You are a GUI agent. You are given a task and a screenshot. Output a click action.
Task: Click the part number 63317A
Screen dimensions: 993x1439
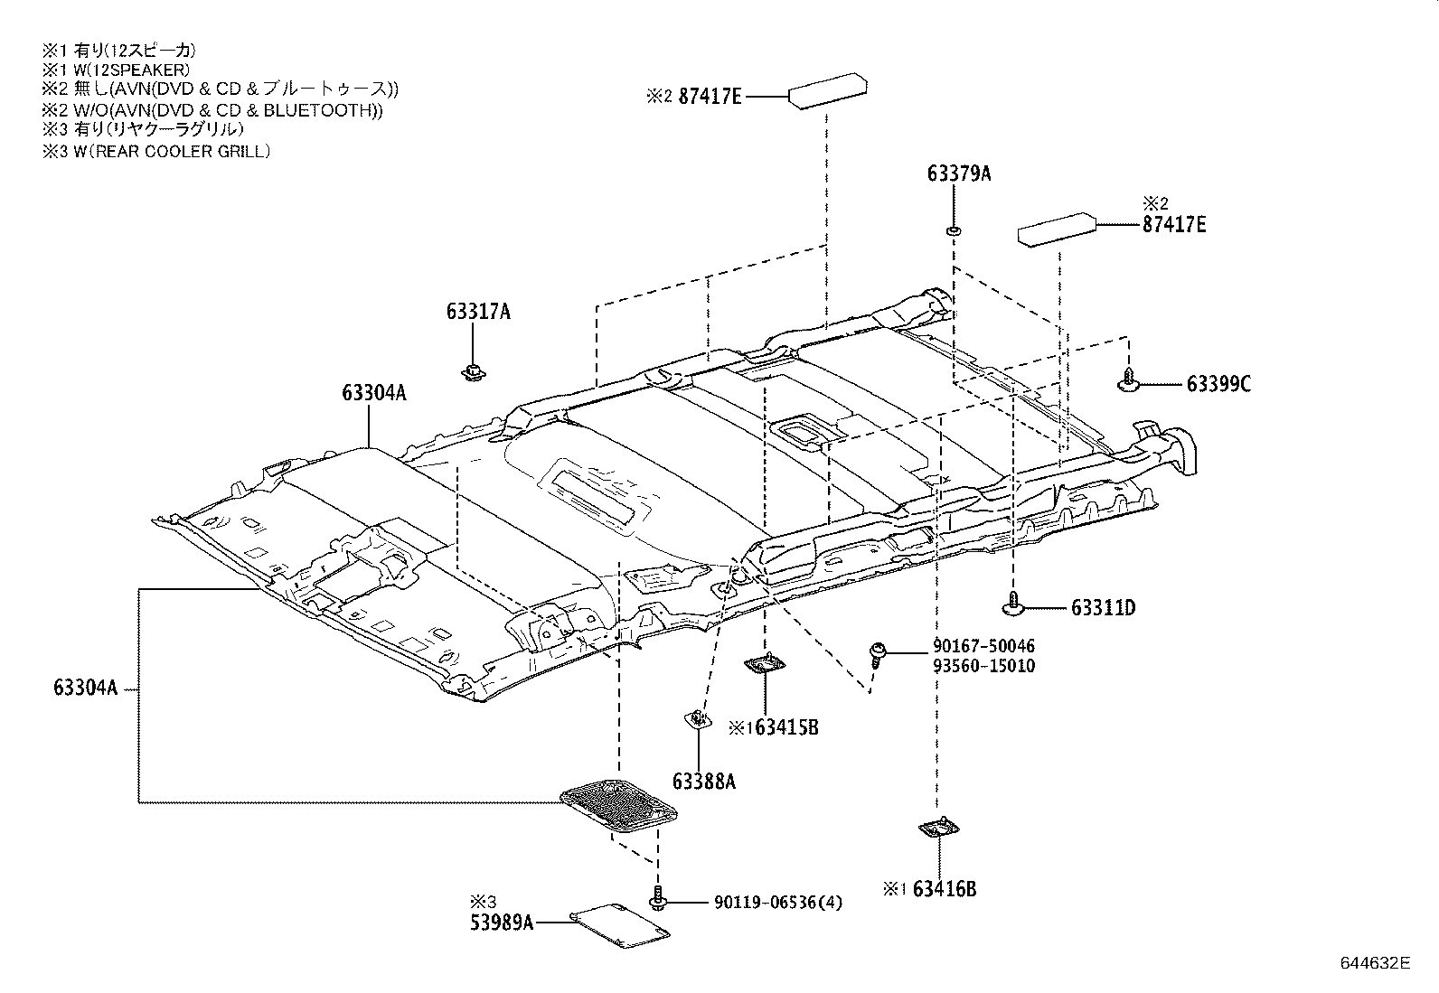click(477, 312)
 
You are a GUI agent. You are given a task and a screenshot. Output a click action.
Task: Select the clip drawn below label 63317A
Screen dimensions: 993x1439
click(472, 370)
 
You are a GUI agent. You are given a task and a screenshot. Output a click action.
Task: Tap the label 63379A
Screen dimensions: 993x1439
click(958, 173)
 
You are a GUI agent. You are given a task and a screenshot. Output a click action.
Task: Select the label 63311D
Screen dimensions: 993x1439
click(1103, 608)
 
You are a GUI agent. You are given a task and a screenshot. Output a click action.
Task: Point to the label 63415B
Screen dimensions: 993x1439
click(783, 726)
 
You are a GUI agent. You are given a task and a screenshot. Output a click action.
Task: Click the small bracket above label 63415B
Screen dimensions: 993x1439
click(765, 665)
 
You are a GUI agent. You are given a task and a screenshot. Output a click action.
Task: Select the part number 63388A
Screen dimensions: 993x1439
click(703, 782)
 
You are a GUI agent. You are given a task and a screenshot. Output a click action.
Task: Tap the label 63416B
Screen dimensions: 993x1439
click(944, 889)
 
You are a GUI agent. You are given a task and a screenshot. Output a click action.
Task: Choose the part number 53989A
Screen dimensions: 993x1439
click(501, 923)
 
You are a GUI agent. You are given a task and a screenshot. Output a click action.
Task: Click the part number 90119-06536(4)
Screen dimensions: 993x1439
click(777, 902)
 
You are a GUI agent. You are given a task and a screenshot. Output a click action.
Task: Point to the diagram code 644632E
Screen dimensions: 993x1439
click(1374, 962)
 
